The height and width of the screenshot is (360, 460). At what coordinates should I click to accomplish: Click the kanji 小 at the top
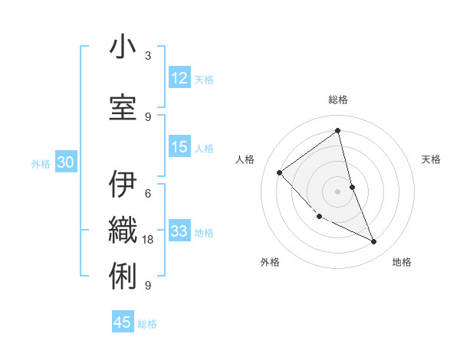[123, 47]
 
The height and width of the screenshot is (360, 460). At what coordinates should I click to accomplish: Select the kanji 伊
[123, 185]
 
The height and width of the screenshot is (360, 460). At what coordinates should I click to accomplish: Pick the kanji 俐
[123, 273]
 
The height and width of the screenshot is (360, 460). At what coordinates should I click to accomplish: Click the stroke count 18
[149, 240]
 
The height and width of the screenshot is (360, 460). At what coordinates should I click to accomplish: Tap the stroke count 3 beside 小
[148, 56]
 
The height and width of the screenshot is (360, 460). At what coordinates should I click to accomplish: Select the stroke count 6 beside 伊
[148, 193]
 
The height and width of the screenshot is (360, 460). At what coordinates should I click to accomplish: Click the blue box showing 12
[179, 78]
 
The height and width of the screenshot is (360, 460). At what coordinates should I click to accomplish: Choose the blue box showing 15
[179, 147]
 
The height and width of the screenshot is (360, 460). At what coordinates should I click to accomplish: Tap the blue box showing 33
[179, 231]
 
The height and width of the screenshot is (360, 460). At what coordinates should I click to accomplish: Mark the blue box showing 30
[65, 162]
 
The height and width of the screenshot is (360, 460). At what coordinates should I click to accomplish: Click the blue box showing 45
[123, 322]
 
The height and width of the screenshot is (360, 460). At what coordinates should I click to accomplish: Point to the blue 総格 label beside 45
[147, 324]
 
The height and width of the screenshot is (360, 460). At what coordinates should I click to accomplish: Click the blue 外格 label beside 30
[41, 163]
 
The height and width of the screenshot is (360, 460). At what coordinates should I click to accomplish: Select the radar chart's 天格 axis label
[432, 159]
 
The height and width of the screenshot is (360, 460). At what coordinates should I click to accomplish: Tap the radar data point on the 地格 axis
[374, 242]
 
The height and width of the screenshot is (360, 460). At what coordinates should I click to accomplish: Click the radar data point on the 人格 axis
[280, 172]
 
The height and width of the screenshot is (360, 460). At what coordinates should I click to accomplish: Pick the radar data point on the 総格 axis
[337, 130]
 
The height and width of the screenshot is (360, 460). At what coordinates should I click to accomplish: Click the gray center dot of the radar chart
[337, 191]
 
